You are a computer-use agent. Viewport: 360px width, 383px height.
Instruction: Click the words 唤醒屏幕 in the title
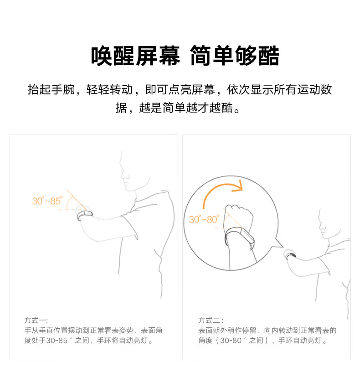click(x=135, y=56)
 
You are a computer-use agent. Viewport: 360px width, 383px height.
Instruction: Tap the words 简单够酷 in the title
click(x=234, y=56)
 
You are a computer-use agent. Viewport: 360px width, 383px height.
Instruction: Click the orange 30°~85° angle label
click(x=46, y=201)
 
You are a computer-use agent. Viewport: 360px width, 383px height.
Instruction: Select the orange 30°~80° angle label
click(x=204, y=219)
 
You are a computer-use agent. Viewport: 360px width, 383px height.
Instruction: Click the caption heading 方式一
click(x=36, y=321)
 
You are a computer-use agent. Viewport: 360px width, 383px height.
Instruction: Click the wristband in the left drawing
click(x=84, y=214)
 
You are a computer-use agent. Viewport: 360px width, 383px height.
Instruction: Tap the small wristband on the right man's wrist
click(x=290, y=254)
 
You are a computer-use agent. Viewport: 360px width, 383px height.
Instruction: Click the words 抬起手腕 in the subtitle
click(x=51, y=89)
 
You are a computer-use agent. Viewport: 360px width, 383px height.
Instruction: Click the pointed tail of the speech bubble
click(x=279, y=245)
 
